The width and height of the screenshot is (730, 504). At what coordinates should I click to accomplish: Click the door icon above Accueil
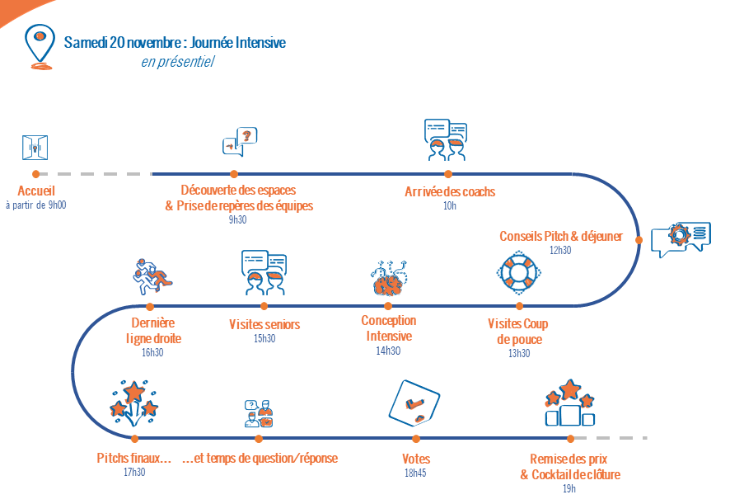tap(35, 148)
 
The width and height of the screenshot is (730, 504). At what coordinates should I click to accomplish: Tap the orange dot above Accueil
tap(36, 174)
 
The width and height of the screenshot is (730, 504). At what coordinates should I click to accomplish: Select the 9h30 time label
tap(237, 219)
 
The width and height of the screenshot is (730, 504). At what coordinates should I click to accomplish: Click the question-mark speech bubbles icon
tap(240, 142)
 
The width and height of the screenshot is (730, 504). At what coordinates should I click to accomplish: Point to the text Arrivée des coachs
tap(450, 191)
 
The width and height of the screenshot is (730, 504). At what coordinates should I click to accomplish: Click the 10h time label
tap(450, 205)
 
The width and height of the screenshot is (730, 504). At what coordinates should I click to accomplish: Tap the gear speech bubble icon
tap(681, 240)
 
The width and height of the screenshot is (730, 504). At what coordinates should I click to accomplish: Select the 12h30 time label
tap(560, 251)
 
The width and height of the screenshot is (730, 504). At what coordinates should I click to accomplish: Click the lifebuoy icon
tap(518, 273)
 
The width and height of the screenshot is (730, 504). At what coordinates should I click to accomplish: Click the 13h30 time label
tap(519, 353)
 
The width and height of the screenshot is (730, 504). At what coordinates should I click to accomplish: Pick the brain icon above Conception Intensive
tap(389, 278)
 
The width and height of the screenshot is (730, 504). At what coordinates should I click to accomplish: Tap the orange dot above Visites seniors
tap(264, 306)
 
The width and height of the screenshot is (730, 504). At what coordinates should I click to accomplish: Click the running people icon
tap(152, 276)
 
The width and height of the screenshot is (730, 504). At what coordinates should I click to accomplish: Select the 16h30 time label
tap(152, 352)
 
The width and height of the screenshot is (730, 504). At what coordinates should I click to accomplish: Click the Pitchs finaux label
tap(133, 459)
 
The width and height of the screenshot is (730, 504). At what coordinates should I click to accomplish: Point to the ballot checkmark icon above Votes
tap(414, 403)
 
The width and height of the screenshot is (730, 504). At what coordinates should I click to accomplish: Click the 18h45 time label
tap(415, 473)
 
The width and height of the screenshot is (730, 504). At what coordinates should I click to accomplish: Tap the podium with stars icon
tap(570, 403)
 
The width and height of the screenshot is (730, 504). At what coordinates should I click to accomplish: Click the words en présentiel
tap(178, 62)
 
